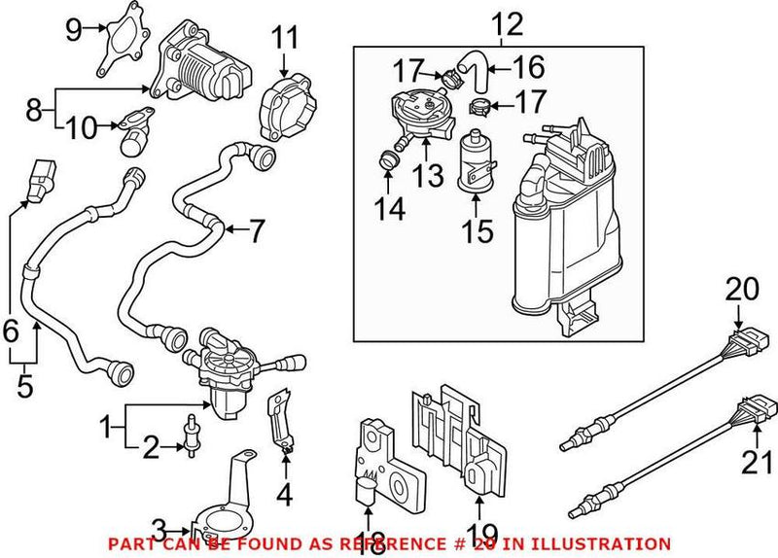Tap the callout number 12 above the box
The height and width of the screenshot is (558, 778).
506,21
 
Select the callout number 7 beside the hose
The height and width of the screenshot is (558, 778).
256,231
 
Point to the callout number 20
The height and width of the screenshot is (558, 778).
741,289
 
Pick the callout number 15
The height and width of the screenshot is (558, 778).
477,230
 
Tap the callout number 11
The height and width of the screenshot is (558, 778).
283,40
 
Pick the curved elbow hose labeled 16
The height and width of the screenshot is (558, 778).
475,69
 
